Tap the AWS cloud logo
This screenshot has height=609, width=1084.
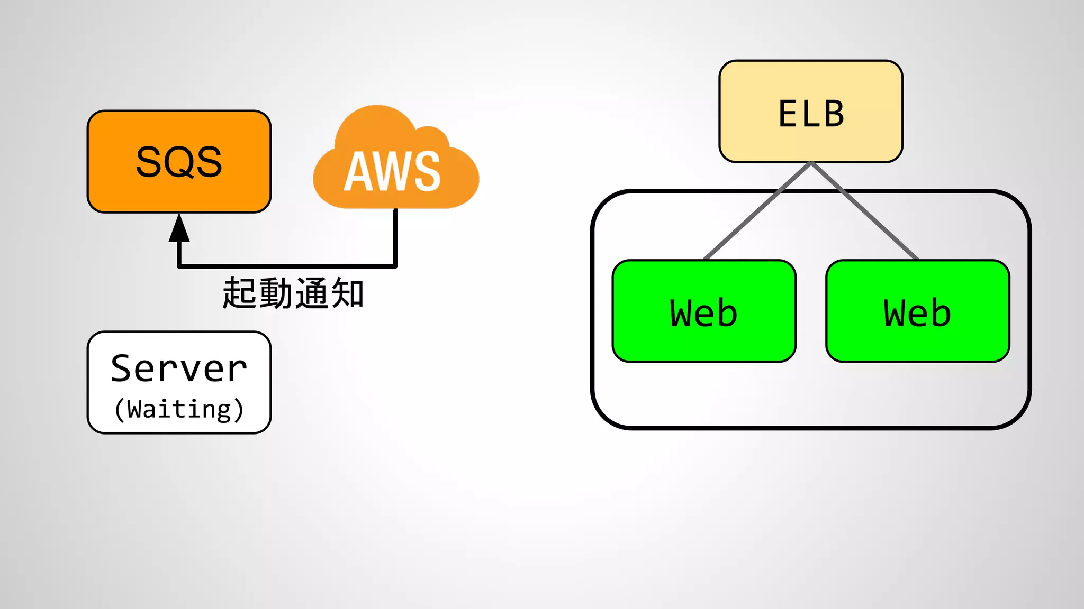[x=396, y=159]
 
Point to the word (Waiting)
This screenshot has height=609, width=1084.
[x=179, y=409]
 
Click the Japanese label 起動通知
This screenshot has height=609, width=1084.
[x=292, y=293]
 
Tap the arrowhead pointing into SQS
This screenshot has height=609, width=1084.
[x=179, y=228]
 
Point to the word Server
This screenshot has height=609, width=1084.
[x=179, y=368]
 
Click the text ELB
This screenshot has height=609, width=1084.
[x=810, y=114]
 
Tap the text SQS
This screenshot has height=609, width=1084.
[x=179, y=162]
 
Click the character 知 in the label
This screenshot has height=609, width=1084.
[x=347, y=293]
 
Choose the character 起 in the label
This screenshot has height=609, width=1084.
[x=239, y=293]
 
